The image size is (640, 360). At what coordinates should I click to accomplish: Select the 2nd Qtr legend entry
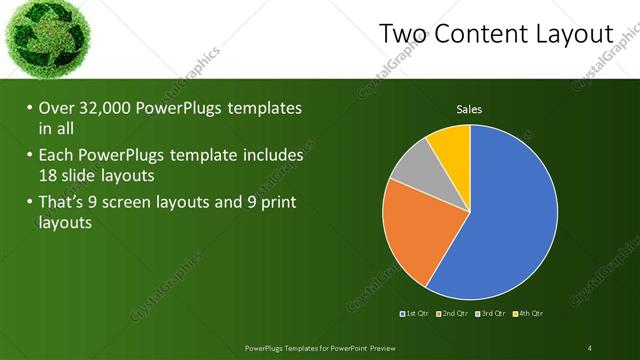455,315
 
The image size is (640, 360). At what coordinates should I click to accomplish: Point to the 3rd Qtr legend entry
492,315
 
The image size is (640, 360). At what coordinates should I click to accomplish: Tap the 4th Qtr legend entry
529,315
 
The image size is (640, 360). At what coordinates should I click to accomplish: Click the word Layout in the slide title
573,35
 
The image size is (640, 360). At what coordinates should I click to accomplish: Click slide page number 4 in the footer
590,348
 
